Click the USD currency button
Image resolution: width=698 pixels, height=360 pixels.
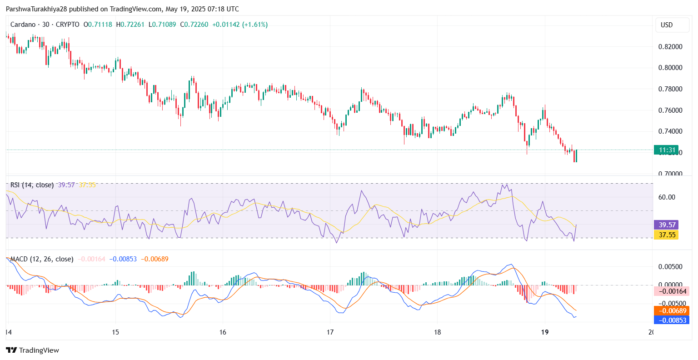[x=667, y=25]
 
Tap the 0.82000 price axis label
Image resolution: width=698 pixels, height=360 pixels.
[x=670, y=46]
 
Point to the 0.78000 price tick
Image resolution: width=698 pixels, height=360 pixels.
[x=670, y=89]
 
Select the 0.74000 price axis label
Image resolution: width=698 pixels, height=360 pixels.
[x=670, y=131]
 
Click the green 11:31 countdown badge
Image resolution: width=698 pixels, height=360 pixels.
[x=666, y=150]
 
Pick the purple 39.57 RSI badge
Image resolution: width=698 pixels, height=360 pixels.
[x=666, y=225]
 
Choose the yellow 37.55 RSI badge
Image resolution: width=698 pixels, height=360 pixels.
[x=666, y=235]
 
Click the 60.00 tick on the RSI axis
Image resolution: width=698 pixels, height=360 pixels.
[x=667, y=197]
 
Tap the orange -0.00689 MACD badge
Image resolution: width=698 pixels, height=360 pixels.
[x=671, y=311]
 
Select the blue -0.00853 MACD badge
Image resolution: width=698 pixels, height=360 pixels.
[x=671, y=320]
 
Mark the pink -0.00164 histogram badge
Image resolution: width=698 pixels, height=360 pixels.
[x=671, y=291]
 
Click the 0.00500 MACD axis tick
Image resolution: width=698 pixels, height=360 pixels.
[x=670, y=267]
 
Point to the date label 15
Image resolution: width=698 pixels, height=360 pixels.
[x=115, y=332]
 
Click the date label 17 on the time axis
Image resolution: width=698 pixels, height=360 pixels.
[x=330, y=332]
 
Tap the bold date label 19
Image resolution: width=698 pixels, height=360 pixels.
[x=545, y=332]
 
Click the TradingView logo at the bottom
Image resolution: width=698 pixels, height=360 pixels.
[x=33, y=350]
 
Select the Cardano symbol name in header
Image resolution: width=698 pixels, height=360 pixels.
[x=23, y=25]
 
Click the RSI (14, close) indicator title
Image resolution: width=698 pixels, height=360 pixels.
[x=32, y=185]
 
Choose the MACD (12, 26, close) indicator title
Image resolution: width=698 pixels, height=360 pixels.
[x=42, y=259]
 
